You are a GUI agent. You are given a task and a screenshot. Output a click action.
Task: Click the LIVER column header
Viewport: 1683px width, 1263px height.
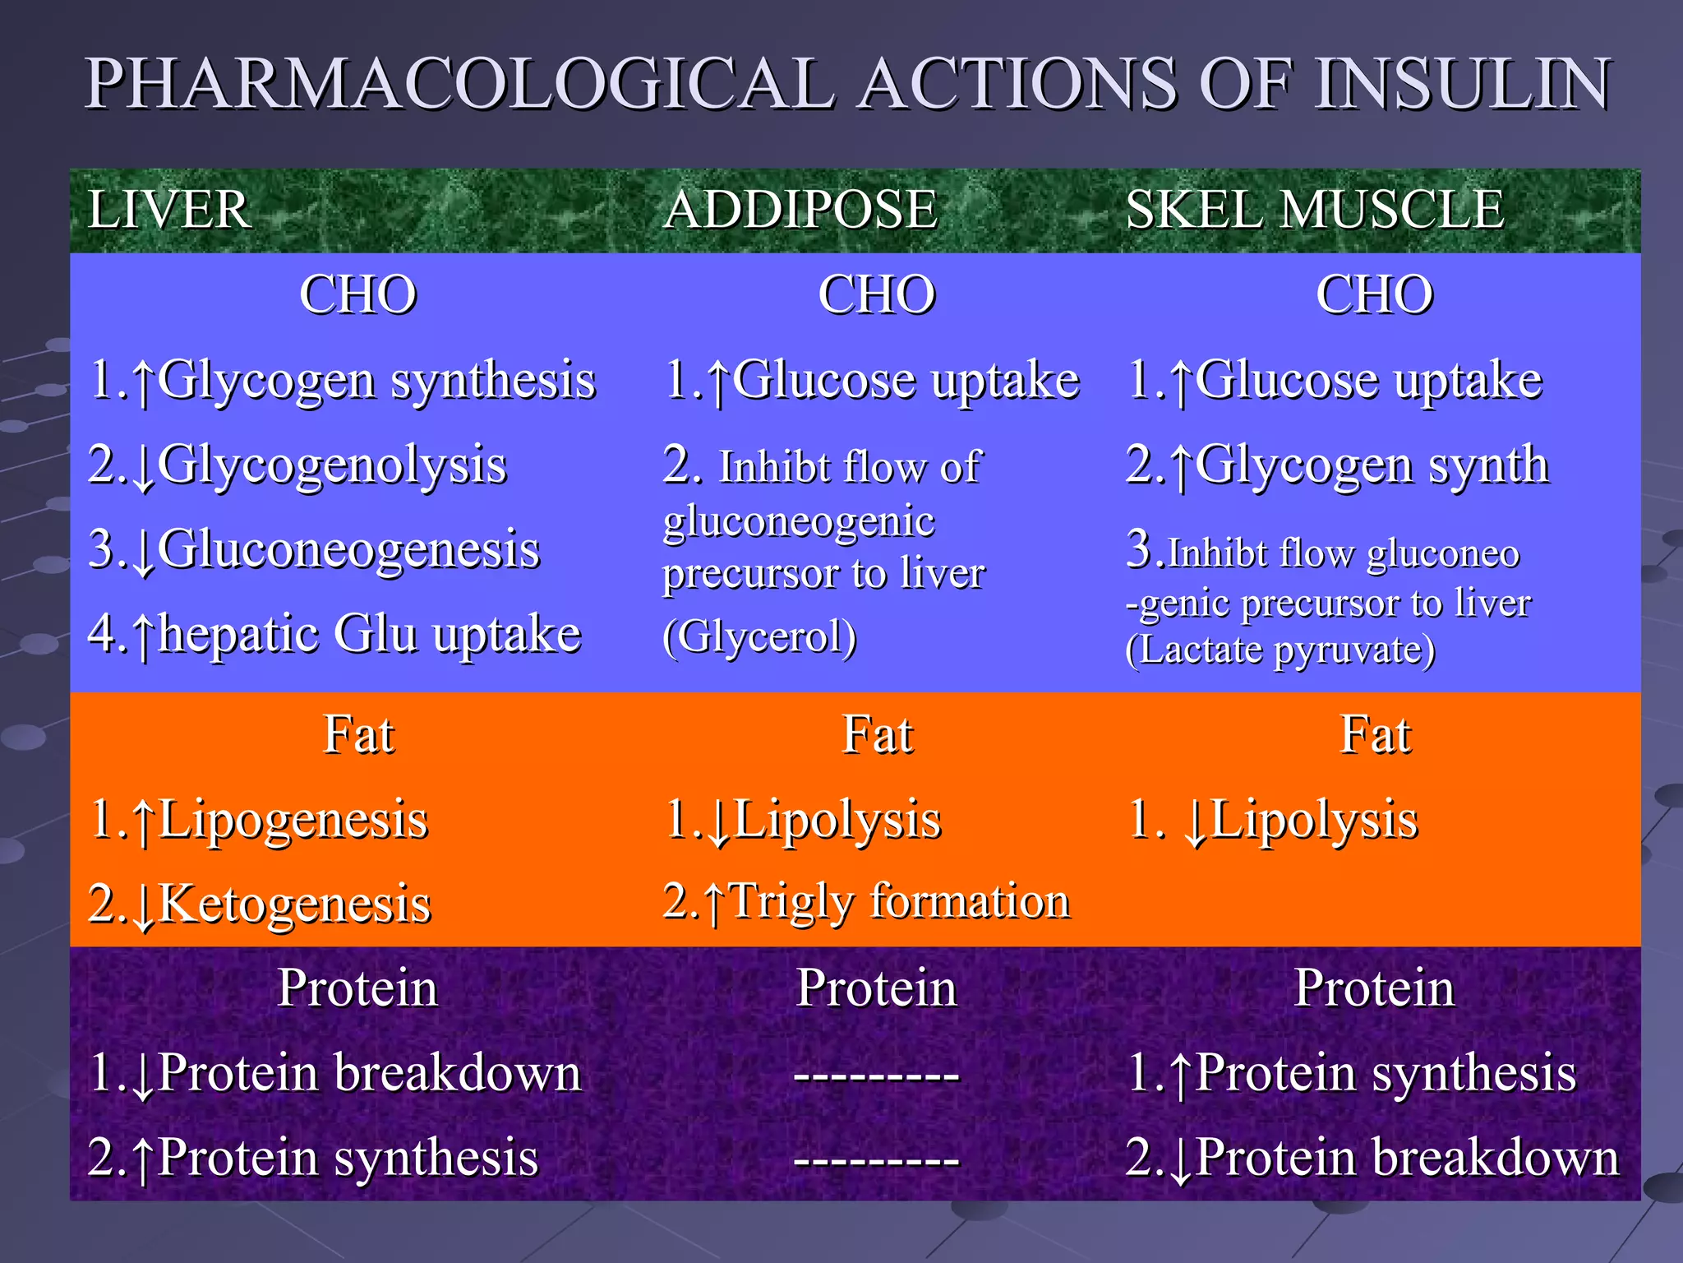point(169,210)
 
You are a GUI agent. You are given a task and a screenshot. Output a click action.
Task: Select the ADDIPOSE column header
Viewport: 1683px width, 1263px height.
point(800,210)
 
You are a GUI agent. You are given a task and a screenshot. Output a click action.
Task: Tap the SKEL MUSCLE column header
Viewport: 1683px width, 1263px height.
point(1315,210)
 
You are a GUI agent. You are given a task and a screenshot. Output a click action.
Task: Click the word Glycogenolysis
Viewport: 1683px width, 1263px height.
point(332,465)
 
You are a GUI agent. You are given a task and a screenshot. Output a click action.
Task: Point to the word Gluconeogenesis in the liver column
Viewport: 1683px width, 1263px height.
point(348,550)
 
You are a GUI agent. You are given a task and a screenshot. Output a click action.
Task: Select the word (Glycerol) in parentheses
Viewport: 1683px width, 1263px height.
point(759,636)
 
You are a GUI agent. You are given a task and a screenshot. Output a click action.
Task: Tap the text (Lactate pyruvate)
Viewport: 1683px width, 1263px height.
point(1280,650)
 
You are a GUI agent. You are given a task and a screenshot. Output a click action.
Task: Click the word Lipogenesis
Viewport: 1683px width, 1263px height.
point(293,820)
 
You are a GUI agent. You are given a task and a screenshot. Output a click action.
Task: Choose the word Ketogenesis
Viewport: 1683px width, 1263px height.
point(294,904)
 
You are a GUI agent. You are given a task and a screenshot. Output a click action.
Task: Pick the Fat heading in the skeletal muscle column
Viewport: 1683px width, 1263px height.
point(1375,734)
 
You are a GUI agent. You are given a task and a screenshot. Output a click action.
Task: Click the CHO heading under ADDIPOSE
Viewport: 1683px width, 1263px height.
point(877,294)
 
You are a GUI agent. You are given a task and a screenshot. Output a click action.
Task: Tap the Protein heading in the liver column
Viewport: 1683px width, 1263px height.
point(357,988)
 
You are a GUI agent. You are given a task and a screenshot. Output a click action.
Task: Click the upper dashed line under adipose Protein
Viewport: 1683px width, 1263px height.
point(877,1075)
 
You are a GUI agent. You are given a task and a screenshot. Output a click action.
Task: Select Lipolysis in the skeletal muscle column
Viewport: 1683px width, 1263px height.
point(1314,820)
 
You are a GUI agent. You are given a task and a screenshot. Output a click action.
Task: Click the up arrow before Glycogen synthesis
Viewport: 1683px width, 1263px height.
point(144,383)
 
